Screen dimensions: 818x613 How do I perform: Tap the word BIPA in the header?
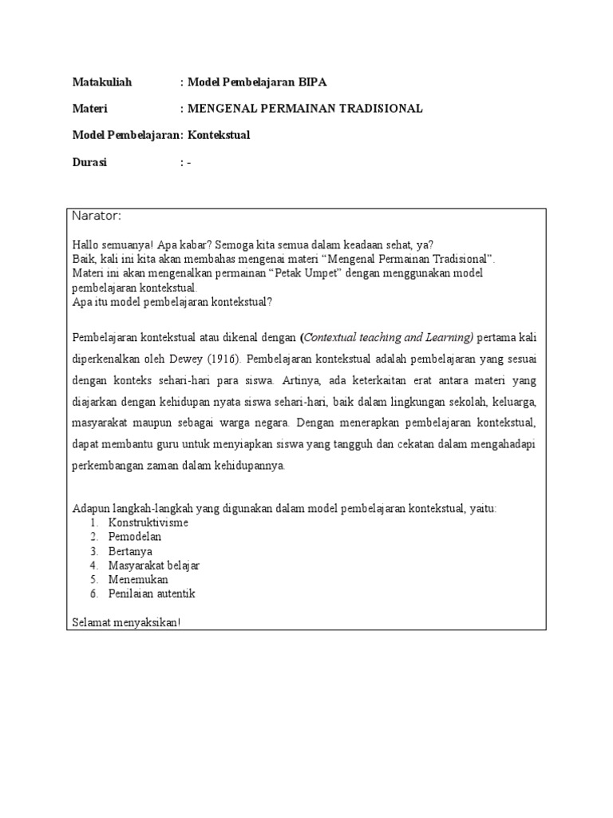click(x=313, y=82)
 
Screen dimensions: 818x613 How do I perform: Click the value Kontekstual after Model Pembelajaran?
click(x=219, y=135)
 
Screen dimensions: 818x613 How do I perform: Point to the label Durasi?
click(x=89, y=162)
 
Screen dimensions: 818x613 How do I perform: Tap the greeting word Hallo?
click(x=86, y=245)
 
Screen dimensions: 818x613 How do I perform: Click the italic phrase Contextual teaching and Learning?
click(x=389, y=336)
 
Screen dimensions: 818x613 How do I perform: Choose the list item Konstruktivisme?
click(x=148, y=522)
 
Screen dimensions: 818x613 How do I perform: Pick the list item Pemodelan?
click(x=135, y=537)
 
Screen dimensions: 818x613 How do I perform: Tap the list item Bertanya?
click(x=130, y=551)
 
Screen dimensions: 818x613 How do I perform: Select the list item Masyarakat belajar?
click(x=154, y=566)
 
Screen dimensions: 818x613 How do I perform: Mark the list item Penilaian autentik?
click(x=152, y=594)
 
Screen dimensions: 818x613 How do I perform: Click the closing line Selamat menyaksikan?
click(x=126, y=623)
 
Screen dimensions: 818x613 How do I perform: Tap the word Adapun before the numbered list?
click(x=91, y=508)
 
